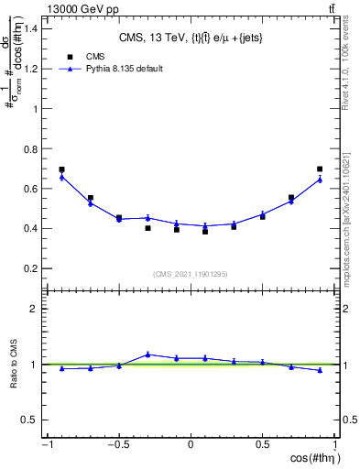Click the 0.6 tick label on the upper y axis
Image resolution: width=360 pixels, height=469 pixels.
coord(31,189)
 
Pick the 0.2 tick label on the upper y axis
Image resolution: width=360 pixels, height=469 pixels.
coord(31,268)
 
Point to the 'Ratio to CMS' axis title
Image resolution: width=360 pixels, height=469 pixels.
coord(15,376)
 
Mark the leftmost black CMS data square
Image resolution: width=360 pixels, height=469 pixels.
coord(61,169)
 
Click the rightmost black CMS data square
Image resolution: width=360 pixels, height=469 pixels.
coord(320,169)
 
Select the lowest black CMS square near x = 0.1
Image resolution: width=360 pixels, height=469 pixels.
coord(205,232)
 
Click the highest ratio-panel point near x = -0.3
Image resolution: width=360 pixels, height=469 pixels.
coord(147,354)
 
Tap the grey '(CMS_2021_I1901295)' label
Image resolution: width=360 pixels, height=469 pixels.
coord(191,274)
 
